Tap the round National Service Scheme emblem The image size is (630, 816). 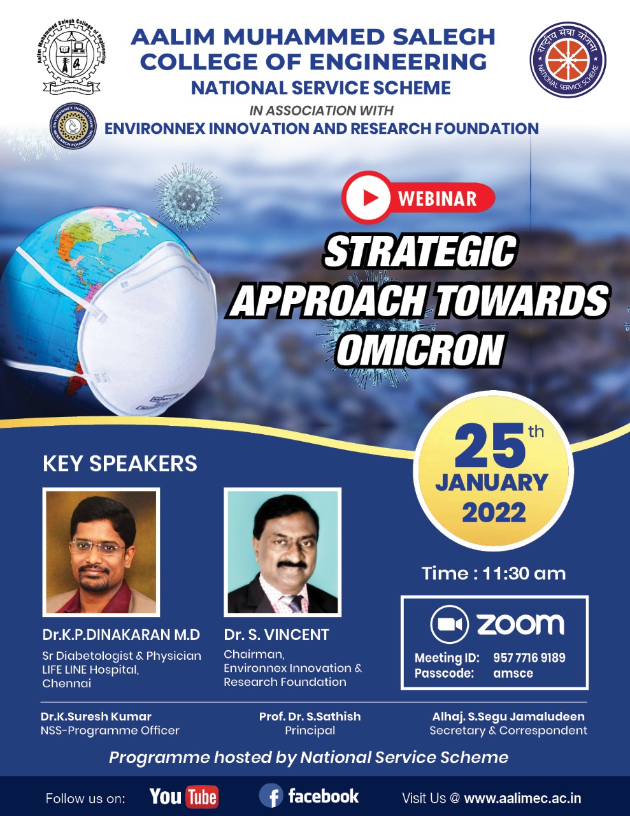tap(568, 60)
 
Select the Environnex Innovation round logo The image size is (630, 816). tap(73, 126)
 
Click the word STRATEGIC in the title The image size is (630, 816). tap(420, 251)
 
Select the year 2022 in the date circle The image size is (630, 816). tap(494, 512)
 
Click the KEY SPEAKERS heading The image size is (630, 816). tap(120, 463)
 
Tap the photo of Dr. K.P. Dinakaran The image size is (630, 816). tap(101, 552)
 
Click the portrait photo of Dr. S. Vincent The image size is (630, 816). tap(283, 552)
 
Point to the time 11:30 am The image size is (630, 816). tap(524, 573)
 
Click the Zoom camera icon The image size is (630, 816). tap(448, 625)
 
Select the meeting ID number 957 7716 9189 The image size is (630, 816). tap(529, 657)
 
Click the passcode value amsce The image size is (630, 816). tap(513, 673)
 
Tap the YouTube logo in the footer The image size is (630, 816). tap(184, 797)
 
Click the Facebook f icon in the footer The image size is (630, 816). tap(271, 796)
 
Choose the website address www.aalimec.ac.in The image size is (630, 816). tap(523, 798)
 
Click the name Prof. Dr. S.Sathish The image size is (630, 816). tap(310, 717)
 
